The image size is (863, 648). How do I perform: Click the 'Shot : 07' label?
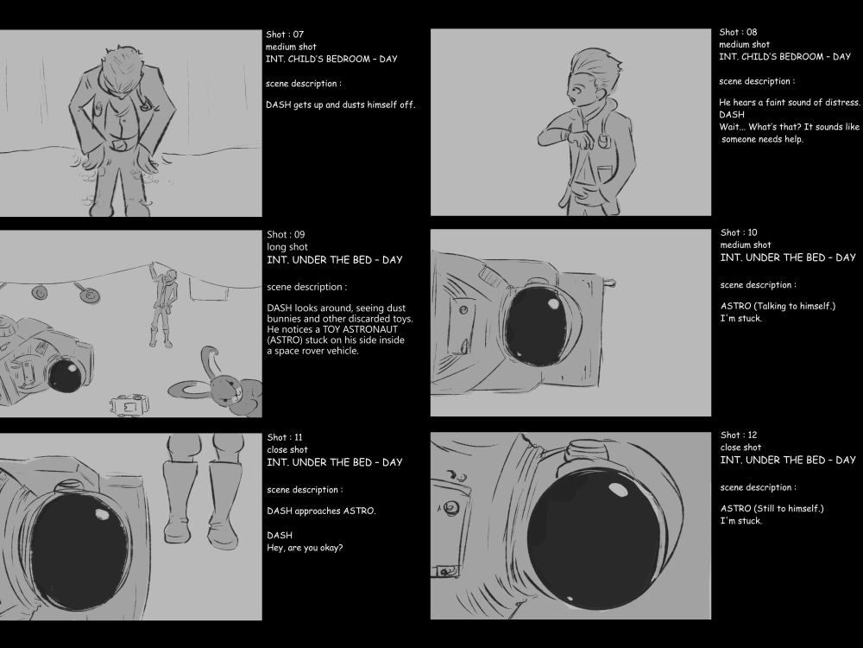point(285,35)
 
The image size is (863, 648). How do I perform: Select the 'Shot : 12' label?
point(739,435)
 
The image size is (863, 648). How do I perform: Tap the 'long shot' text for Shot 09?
point(287,247)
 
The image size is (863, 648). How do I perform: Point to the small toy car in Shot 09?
point(130,405)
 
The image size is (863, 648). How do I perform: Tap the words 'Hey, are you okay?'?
point(305,548)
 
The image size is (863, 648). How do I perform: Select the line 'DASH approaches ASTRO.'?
point(321,511)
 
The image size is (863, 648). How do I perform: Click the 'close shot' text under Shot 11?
point(287,449)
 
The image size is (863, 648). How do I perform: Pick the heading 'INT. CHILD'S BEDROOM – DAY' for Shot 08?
point(784,57)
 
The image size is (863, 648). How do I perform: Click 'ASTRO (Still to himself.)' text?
point(772,508)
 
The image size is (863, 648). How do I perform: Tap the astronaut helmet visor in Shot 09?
point(65,375)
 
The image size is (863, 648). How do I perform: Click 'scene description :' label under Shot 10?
point(758,285)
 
